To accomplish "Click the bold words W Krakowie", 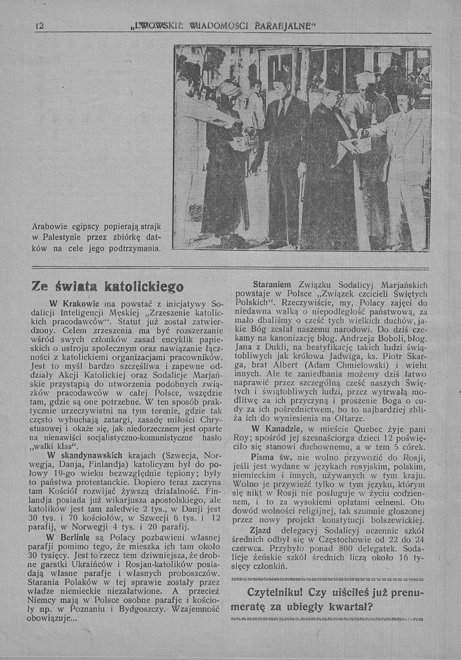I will pyautogui.click(x=74, y=304).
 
